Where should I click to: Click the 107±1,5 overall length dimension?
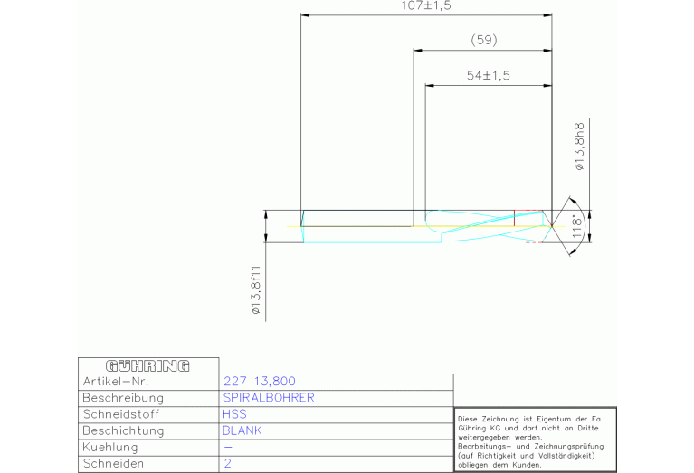point(426,5)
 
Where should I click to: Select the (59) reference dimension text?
point(484,41)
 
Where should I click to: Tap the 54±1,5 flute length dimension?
point(489,75)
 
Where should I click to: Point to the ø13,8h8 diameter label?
point(579,147)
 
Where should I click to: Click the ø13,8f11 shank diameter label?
point(256,290)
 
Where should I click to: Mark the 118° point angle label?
point(577,226)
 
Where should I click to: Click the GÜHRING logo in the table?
point(147,366)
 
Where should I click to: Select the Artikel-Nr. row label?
point(116,382)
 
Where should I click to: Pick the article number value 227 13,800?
point(260,382)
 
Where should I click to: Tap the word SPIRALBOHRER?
point(269,398)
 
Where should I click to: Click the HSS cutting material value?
point(234,414)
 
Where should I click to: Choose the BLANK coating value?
point(242,430)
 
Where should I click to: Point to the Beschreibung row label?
point(123,398)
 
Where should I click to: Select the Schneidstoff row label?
point(121,414)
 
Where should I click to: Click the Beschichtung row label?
point(123,431)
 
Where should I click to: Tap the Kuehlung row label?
point(110,448)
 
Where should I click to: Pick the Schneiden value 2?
point(227,464)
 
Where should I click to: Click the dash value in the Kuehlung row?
point(228,448)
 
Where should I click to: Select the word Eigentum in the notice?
point(554,419)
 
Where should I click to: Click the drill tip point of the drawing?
point(552,226)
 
